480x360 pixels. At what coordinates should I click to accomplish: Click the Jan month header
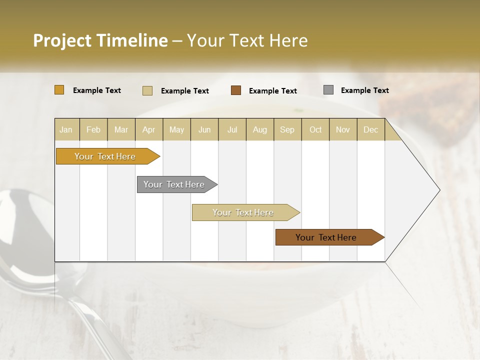(x=66, y=129)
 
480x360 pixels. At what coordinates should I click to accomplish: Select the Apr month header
(x=149, y=129)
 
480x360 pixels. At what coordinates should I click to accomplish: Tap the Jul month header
(x=232, y=129)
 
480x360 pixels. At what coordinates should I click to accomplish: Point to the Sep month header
(x=287, y=129)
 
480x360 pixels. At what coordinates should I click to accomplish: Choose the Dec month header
(x=370, y=129)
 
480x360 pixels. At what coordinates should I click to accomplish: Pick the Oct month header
(x=315, y=129)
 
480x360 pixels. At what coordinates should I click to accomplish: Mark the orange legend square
(x=59, y=90)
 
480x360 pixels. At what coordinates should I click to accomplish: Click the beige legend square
(x=147, y=90)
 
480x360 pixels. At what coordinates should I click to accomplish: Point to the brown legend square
(x=236, y=90)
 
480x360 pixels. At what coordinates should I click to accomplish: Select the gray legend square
(x=328, y=90)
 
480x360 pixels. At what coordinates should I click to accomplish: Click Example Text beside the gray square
(x=364, y=90)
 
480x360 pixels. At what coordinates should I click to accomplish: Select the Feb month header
(x=93, y=129)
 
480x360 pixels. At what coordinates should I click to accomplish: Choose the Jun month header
(x=204, y=129)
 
